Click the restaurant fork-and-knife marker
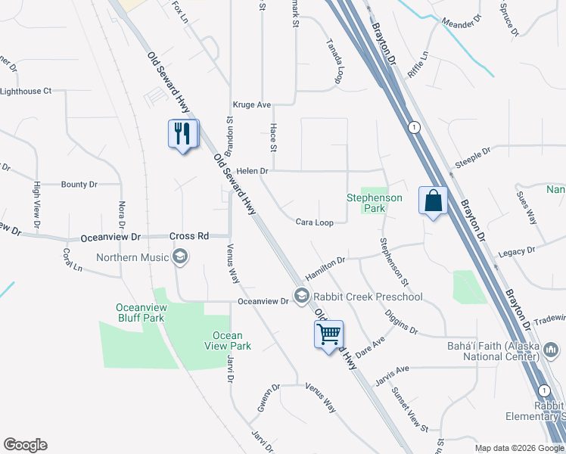point(182,135)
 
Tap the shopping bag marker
point(433,201)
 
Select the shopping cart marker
point(329,334)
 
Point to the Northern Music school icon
point(180,258)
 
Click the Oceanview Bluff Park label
point(139,313)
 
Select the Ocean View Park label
point(228,340)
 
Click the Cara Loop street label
point(314,222)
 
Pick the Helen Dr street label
point(252,171)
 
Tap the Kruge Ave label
point(252,105)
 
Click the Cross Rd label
point(188,236)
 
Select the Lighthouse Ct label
point(26,92)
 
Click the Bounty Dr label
point(79,185)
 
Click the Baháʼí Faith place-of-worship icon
point(553,350)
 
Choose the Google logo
point(25,445)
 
